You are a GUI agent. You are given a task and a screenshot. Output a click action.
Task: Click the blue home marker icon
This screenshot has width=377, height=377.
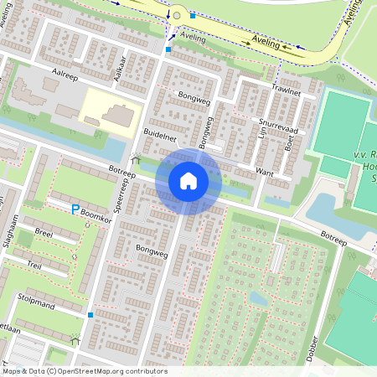(x=188, y=180)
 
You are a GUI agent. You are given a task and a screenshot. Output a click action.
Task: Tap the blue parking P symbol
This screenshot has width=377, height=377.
(x=75, y=209)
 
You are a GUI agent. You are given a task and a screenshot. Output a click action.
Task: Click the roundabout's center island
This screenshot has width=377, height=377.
(x=176, y=15)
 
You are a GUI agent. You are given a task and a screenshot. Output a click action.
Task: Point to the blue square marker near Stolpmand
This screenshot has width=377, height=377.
(x=90, y=315)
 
